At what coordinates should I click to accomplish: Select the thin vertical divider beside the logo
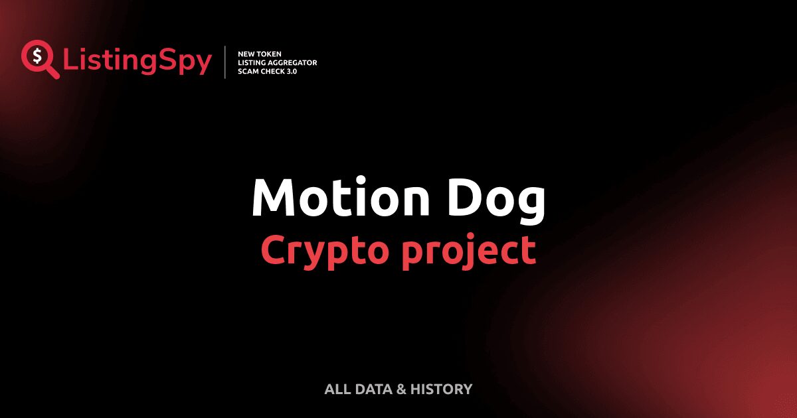click(x=226, y=62)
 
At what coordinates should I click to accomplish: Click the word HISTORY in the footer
click(x=442, y=389)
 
